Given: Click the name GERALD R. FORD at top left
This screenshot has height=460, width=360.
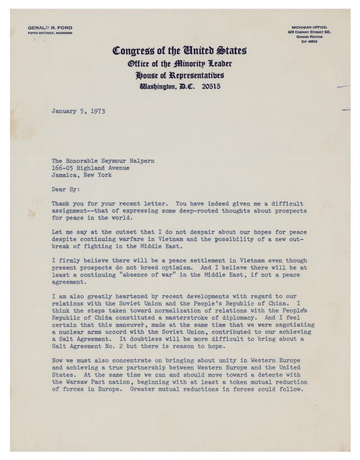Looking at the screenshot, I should (50, 28).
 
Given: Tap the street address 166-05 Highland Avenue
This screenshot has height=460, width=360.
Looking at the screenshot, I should (90, 168).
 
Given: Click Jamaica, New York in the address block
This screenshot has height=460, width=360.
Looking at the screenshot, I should (82, 175).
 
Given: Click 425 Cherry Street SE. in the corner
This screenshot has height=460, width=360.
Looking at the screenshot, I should (309, 32).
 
